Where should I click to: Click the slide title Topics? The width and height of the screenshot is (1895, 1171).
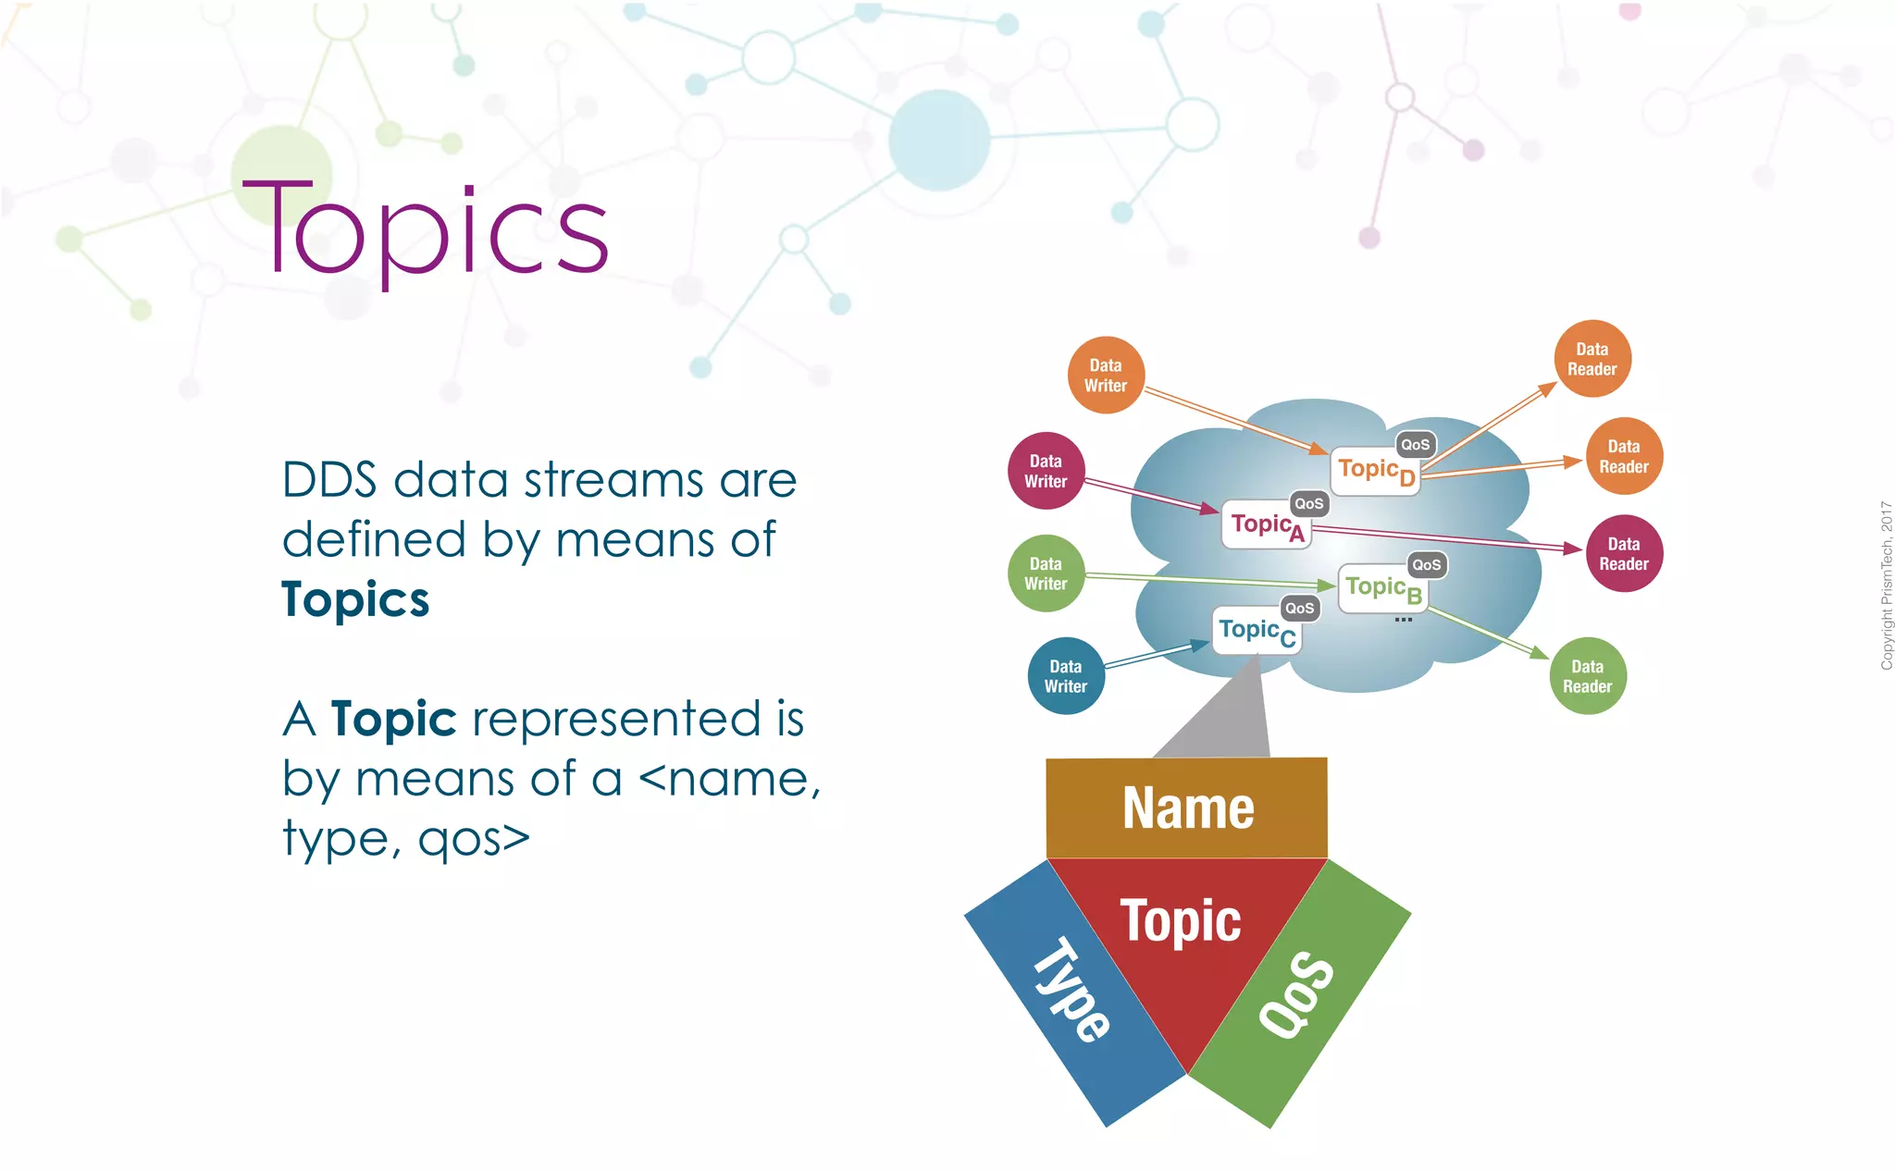point(426,231)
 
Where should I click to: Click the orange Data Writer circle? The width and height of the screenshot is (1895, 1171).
point(1106,376)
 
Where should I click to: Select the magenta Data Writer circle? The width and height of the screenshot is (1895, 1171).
point(1046,471)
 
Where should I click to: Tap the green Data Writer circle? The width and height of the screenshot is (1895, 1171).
point(1046,573)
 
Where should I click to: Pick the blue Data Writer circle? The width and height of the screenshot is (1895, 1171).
point(1066,676)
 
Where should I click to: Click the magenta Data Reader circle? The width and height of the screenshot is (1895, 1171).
point(1624,554)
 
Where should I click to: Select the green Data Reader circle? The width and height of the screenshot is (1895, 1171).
point(1588,676)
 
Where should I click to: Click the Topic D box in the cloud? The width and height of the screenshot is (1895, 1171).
point(1375,472)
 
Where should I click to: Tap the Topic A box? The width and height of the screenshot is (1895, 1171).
point(1266,526)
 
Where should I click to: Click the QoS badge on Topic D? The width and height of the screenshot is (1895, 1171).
point(1416,445)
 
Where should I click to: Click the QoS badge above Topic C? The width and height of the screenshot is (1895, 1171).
point(1300,608)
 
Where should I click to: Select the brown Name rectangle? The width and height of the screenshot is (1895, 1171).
point(1187,808)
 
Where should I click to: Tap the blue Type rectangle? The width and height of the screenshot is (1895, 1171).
point(1073,994)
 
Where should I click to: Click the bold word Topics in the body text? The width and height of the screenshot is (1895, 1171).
point(355,599)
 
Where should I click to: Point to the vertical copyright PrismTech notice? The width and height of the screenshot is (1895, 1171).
point(1886,585)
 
